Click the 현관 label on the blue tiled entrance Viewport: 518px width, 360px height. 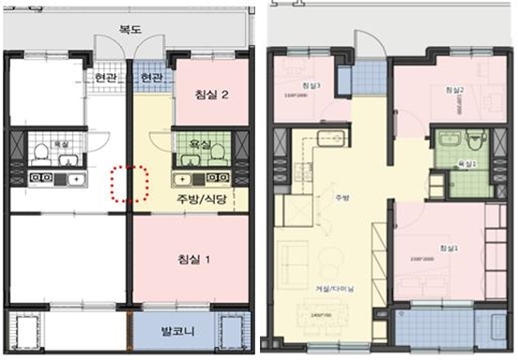coord(151,77)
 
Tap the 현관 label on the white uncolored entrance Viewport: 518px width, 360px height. coord(105,77)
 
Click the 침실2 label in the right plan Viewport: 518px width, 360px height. coord(454,89)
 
